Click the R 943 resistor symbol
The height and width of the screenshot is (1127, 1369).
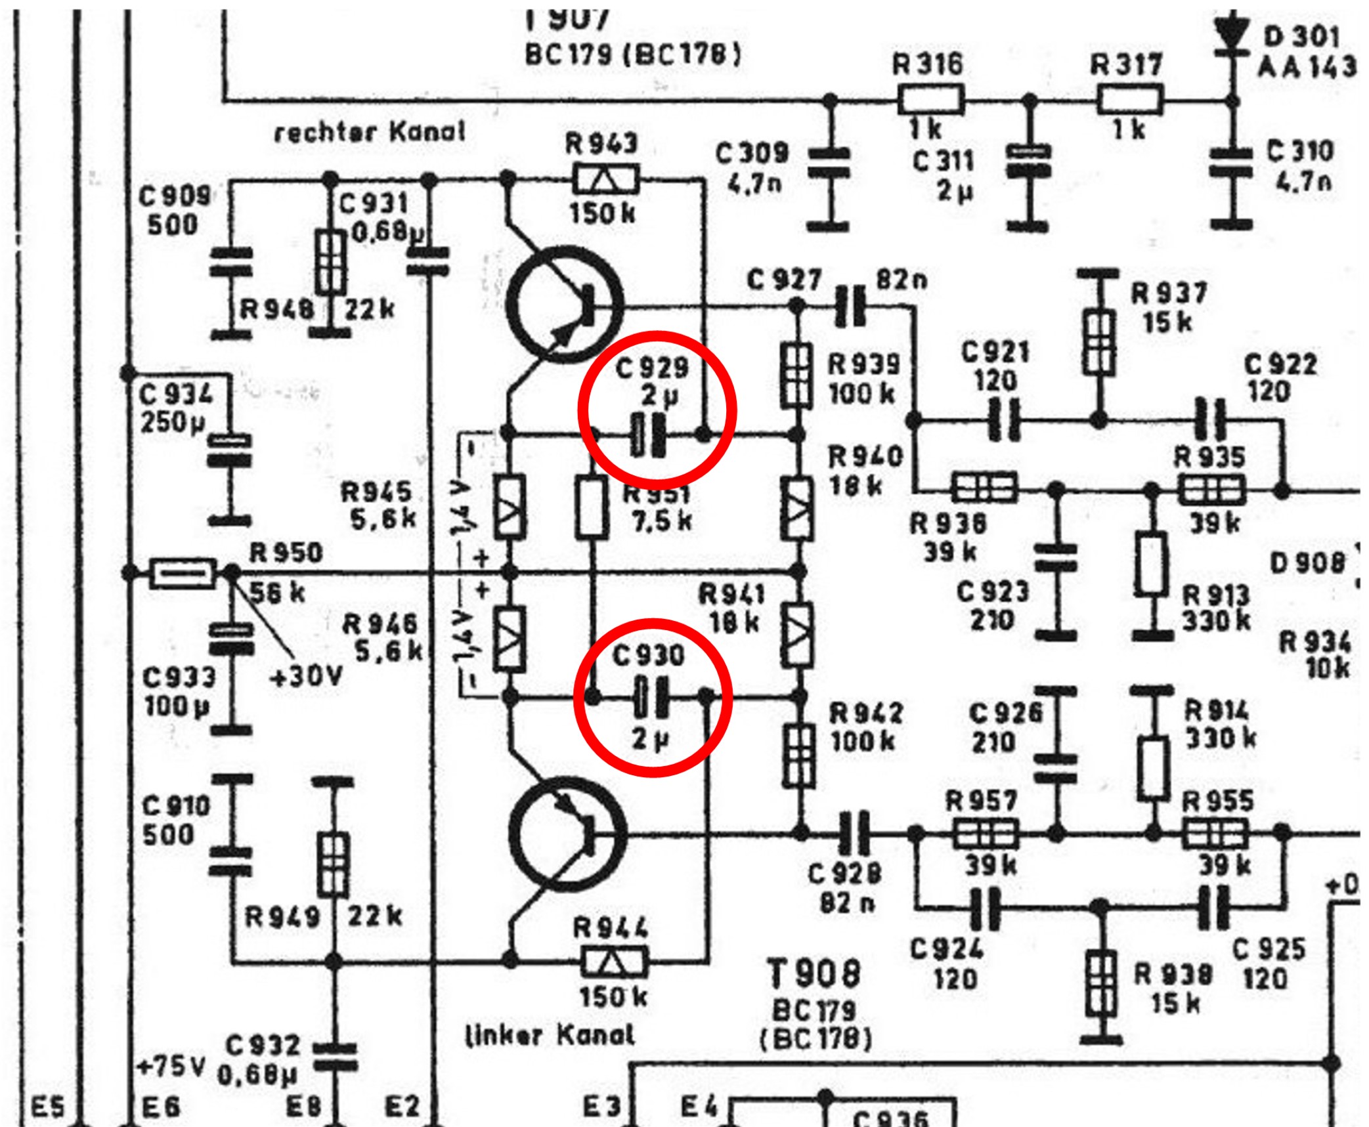(605, 178)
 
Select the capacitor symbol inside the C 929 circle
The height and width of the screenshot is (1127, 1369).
(647, 435)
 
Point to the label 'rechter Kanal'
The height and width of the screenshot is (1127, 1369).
(370, 132)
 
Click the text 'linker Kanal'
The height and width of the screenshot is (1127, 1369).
(550, 1035)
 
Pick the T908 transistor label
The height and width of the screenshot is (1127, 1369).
(814, 972)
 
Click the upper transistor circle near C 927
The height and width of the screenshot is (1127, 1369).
(565, 305)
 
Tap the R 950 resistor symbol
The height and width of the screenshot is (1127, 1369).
(183, 573)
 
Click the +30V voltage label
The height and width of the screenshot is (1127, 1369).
(306, 675)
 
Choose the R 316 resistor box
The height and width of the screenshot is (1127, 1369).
(930, 100)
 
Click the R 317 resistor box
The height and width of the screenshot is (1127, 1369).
(1130, 100)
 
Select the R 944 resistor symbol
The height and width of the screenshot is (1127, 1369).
(613, 962)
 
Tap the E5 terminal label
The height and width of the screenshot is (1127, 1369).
(49, 1107)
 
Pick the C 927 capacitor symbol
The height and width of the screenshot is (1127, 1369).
(851, 305)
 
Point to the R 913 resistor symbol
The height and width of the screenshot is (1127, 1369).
(1152, 565)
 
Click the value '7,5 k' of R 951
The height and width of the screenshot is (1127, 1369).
(661, 521)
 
